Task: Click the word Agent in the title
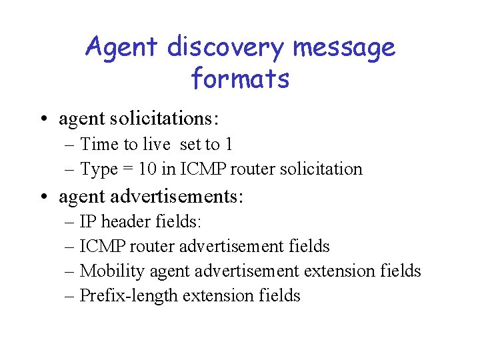pyautogui.click(x=122, y=48)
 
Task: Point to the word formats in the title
pyautogui.click(x=240, y=79)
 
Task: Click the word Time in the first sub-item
pyautogui.click(x=99, y=144)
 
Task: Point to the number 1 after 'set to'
pyautogui.click(x=229, y=144)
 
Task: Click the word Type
pyautogui.click(x=99, y=169)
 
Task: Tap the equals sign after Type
pyautogui.click(x=127, y=169)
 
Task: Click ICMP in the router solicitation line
pyautogui.click(x=194, y=169)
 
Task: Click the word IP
pyautogui.click(x=87, y=221)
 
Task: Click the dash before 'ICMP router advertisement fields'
pyautogui.click(x=71, y=247)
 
